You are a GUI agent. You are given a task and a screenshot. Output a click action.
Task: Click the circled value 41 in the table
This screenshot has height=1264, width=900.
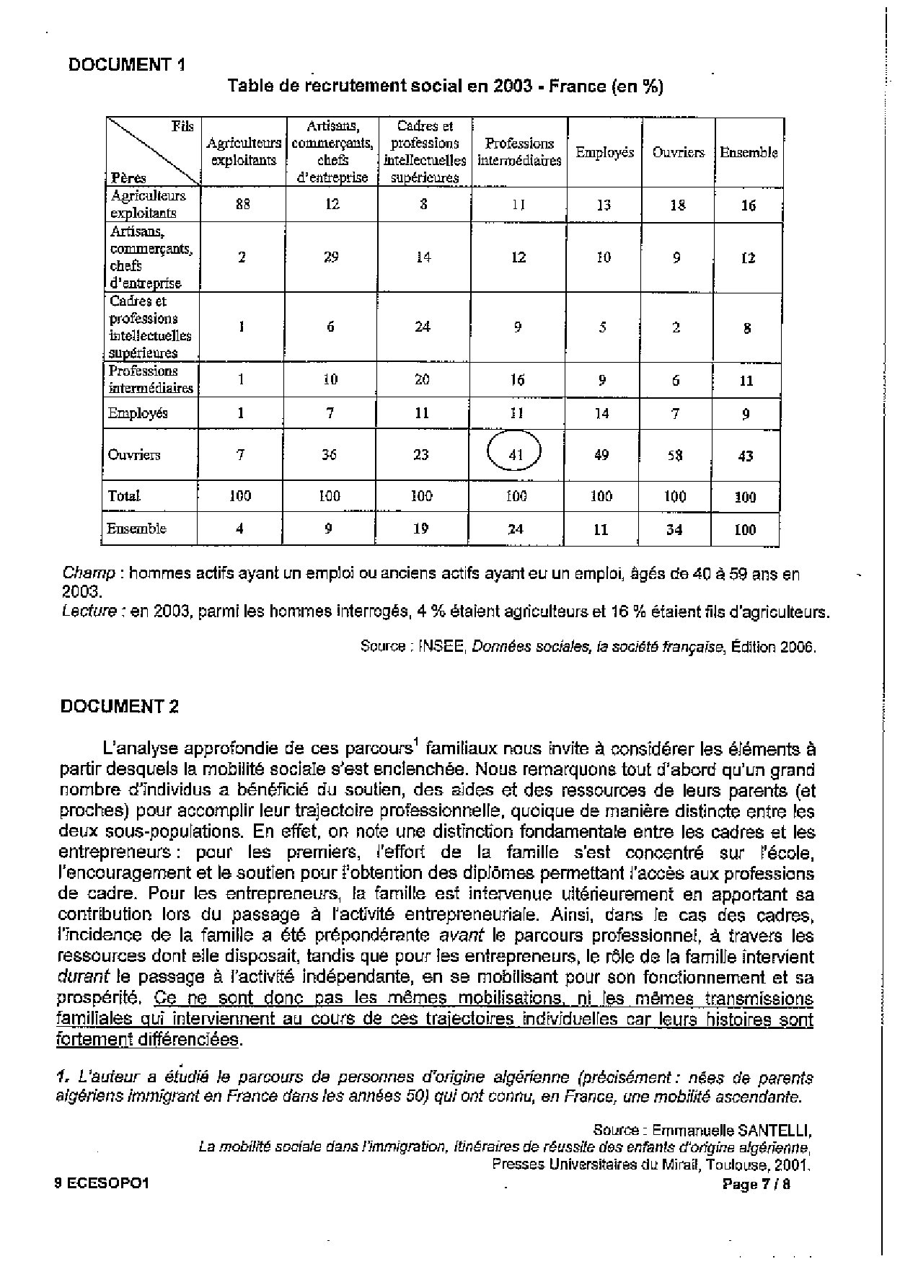coord(514,454)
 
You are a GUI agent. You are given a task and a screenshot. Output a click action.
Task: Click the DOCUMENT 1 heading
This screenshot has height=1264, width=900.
coord(126,65)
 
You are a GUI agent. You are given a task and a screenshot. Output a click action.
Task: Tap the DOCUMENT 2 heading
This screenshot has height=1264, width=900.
coord(119,706)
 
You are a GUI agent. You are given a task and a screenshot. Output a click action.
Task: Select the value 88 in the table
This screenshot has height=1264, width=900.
coord(243,204)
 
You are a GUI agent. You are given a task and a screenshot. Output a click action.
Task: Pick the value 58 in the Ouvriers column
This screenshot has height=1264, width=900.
coord(676,455)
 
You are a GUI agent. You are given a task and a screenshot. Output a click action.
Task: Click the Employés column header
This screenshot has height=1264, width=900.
coord(604,152)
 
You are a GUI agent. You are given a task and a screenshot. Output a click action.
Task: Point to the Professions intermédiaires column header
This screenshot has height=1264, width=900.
coord(519,152)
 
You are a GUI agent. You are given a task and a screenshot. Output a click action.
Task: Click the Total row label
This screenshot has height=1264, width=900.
coord(123,496)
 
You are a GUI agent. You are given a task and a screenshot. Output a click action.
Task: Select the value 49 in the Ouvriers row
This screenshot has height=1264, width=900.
coord(601,455)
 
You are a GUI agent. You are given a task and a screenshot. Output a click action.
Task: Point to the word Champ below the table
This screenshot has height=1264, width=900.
coord(89,574)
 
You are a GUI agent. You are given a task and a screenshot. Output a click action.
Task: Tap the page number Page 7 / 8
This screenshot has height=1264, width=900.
coord(756,1184)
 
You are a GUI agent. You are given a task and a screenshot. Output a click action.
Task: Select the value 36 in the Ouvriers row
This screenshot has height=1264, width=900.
coord(329,455)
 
